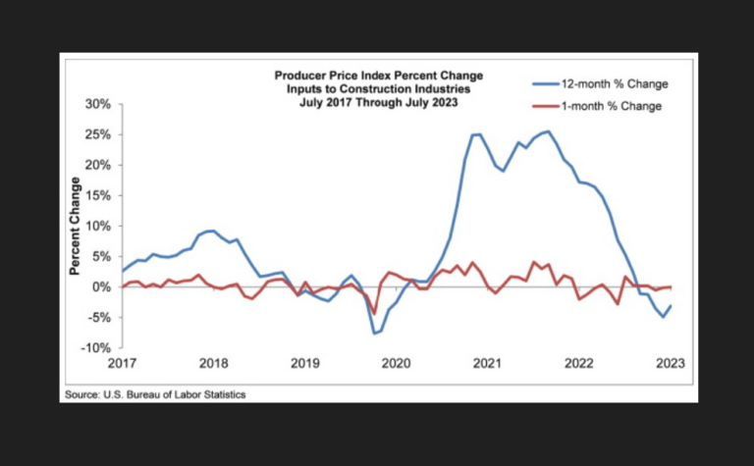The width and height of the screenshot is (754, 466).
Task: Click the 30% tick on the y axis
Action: pos(98,103)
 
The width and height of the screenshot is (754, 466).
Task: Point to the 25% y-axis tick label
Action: pos(98,133)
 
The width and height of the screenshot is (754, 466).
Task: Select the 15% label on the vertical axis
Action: pos(98,195)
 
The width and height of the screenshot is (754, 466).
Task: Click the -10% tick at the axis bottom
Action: pos(96,348)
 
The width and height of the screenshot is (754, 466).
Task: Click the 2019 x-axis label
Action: pos(305,364)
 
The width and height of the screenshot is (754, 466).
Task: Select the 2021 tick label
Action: pos(489,364)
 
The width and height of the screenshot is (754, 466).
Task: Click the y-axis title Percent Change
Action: pos(75,226)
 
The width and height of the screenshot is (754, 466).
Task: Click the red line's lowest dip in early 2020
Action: pos(374,314)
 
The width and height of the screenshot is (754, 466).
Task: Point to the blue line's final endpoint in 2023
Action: pos(672,305)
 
